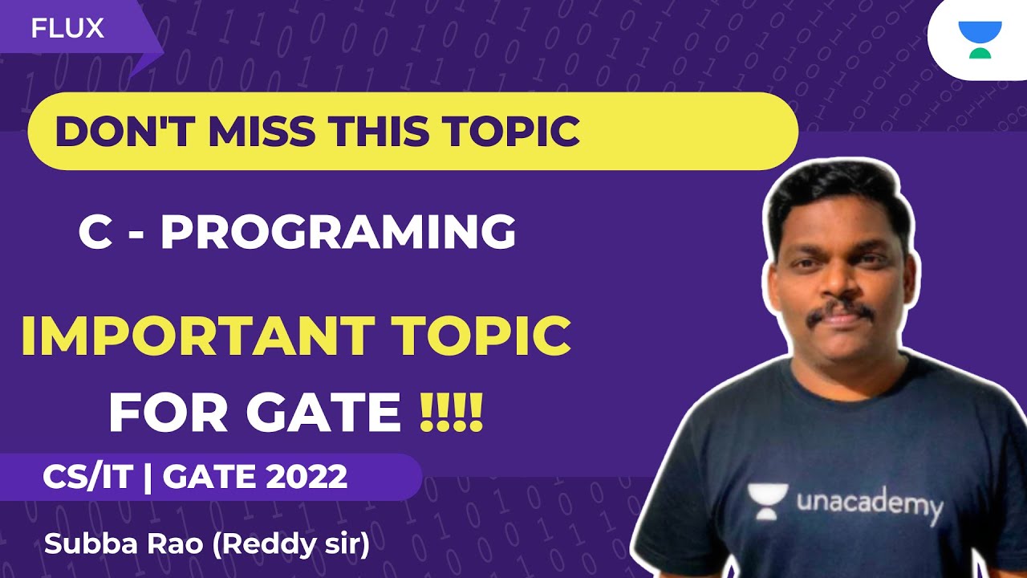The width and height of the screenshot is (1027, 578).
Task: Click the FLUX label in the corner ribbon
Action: tap(68, 29)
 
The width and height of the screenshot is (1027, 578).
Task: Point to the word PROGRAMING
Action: tap(338, 232)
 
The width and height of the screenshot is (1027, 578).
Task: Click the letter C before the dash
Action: tap(95, 232)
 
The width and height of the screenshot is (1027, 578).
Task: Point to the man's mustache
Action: tap(839, 312)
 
